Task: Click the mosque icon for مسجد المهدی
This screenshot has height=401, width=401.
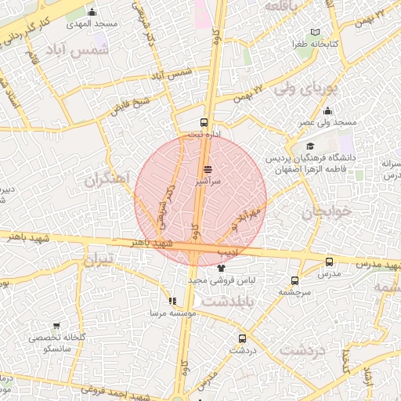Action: point(92,12)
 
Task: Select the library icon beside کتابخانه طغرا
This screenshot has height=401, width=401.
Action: point(315,32)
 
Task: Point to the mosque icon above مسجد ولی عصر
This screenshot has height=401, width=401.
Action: point(327,110)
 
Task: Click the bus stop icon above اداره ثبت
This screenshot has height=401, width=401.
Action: point(204,122)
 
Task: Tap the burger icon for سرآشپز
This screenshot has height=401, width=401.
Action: point(208,169)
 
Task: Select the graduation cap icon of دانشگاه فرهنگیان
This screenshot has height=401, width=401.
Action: point(310,146)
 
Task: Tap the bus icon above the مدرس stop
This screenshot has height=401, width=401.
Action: point(329,262)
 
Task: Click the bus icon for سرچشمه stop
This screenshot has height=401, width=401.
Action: point(294,280)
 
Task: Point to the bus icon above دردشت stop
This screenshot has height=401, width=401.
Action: point(241,339)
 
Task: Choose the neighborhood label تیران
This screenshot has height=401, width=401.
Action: point(99,259)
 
